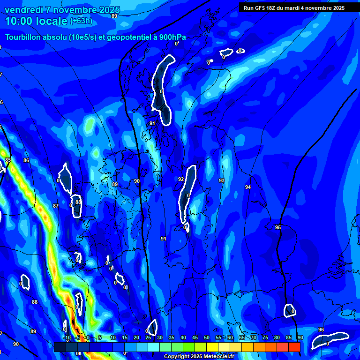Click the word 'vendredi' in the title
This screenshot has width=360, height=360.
[x=25, y=10]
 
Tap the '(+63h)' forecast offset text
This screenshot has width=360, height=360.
[x=81, y=21]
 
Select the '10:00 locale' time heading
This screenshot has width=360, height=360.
[x=36, y=21]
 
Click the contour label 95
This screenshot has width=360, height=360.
[x=278, y=227]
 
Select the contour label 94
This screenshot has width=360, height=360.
[x=248, y=187]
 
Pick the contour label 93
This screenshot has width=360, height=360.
[x=222, y=180]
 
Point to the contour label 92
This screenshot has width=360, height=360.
[x=181, y=179]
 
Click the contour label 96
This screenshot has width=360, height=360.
[x=321, y=330]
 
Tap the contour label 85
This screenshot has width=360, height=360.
[x=8, y=160]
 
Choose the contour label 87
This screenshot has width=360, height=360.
[x=56, y=206]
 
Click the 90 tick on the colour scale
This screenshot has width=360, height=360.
[x=300, y=337]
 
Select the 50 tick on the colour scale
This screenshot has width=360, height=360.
[x=206, y=337]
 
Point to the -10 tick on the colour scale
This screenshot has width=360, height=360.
[x=67, y=337]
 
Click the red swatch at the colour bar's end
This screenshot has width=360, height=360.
[x=294, y=347]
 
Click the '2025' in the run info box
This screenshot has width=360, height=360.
[x=337, y=8]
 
